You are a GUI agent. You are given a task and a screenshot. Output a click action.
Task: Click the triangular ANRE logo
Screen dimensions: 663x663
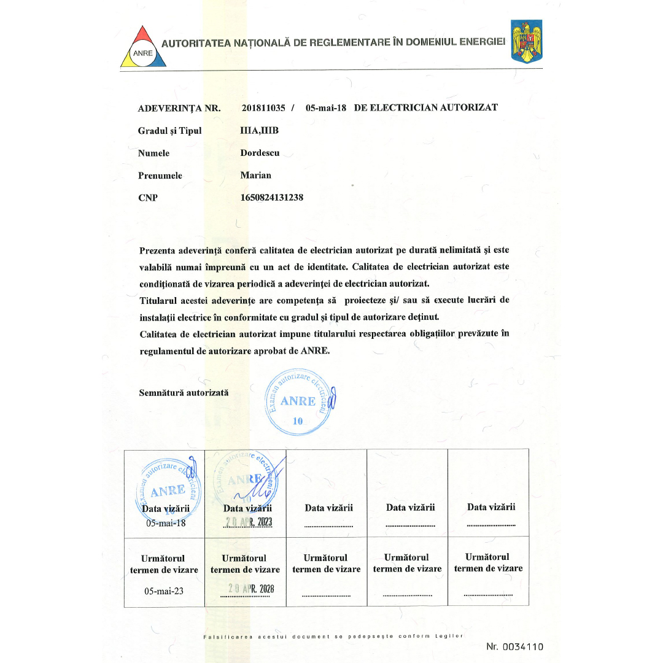142,47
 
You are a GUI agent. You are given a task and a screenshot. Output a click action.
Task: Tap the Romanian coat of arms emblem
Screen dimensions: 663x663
527,41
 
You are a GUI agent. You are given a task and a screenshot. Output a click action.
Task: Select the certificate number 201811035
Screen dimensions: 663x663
263,107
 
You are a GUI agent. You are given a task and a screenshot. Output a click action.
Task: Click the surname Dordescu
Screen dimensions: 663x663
260,153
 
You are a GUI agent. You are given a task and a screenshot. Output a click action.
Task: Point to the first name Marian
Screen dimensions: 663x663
256,175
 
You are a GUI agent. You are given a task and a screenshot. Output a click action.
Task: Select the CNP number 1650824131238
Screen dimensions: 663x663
272,198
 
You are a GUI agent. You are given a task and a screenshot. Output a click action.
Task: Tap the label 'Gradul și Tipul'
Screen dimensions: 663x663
169,130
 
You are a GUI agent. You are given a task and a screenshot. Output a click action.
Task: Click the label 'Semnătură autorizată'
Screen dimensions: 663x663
184,392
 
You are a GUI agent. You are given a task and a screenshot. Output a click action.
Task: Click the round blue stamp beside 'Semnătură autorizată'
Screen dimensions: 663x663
300,403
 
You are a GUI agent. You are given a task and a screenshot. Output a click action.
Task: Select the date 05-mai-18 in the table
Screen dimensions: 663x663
165,524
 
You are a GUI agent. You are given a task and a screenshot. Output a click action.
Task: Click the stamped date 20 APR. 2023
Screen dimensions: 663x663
249,522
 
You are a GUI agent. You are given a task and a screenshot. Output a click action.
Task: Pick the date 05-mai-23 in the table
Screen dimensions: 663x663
164,591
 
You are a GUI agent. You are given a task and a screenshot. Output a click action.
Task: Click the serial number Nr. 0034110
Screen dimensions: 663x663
514,646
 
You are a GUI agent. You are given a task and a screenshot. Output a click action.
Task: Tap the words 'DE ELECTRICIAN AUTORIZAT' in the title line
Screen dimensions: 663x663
426,107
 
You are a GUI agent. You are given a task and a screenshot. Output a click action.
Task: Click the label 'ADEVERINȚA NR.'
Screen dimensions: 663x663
179,108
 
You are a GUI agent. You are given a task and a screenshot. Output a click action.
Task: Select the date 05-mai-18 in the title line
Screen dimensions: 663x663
326,107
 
